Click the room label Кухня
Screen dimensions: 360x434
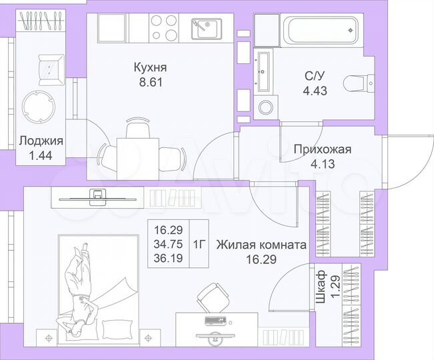(149, 67)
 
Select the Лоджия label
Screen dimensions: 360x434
(41, 141)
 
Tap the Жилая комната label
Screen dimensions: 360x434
(261, 245)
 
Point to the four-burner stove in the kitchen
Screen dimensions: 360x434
(164, 27)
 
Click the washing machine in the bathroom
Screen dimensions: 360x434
(267, 105)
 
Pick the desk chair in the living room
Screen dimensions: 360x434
(213, 298)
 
